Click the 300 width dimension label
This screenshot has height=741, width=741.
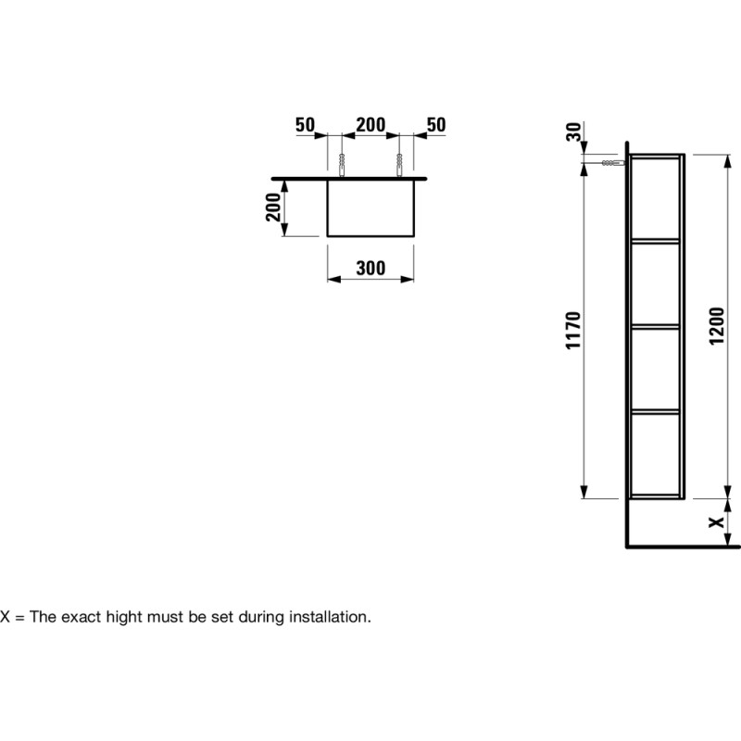tap(370, 268)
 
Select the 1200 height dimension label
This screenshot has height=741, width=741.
tap(716, 326)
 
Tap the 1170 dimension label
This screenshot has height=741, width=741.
tap(572, 331)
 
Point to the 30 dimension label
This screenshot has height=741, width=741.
tap(573, 132)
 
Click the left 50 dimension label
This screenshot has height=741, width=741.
tap(305, 125)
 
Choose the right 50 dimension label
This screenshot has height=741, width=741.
tap(436, 125)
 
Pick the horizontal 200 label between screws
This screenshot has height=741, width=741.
tap(370, 125)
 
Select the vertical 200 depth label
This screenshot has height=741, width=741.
tap(272, 207)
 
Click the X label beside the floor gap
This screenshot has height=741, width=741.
tap(717, 522)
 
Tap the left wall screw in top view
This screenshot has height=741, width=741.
tap(341, 165)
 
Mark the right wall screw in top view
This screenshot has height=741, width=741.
tap(399, 165)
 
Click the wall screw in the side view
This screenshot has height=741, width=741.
tap(613, 163)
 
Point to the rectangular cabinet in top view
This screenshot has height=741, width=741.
tap(370, 207)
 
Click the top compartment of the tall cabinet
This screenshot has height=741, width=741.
tap(656, 199)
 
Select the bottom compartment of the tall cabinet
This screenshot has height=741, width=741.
tap(656, 454)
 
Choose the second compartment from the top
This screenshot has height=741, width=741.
tap(656, 284)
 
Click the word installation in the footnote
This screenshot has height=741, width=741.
tap(330, 617)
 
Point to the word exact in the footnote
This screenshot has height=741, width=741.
tap(82, 617)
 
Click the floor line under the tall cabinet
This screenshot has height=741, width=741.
tap(683, 547)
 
